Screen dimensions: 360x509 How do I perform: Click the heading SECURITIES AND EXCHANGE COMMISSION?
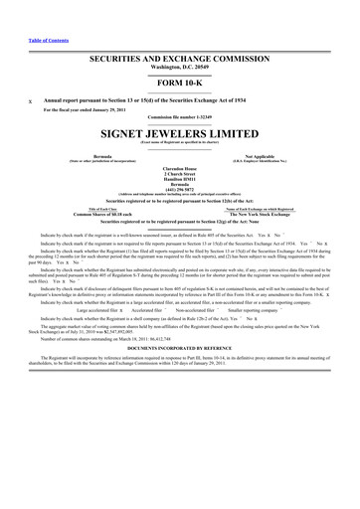coord(180,60)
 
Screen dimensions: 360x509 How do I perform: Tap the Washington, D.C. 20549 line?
coord(180,70)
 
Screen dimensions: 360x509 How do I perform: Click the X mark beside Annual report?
coord(29,102)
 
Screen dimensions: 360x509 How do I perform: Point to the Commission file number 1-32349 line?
coord(180,120)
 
